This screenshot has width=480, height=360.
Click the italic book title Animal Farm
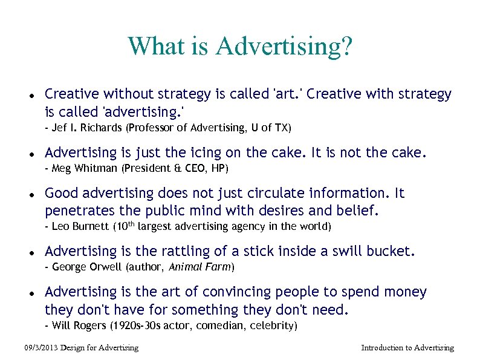pos(199,267)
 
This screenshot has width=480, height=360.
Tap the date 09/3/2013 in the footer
pos(41,348)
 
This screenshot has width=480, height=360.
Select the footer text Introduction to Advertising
pos(407,348)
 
